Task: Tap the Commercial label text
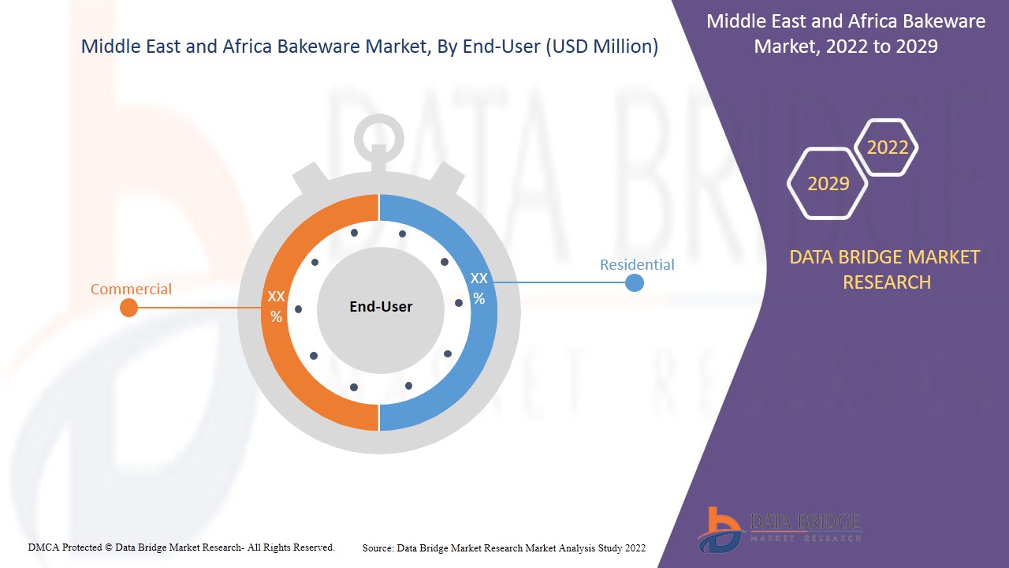[x=131, y=290]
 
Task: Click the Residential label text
[x=637, y=265]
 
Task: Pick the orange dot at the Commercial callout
[x=128, y=308]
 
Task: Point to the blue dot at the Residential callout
[x=635, y=282]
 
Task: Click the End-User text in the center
[x=381, y=307]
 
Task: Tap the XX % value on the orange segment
[x=276, y=306]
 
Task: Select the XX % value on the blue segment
[x=478, y=288]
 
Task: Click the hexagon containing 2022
[x=887, y=148]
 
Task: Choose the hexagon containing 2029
[x=828, y=184]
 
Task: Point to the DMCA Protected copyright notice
[x=181, y=547]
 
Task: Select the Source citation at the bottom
[x=504, y=547]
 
